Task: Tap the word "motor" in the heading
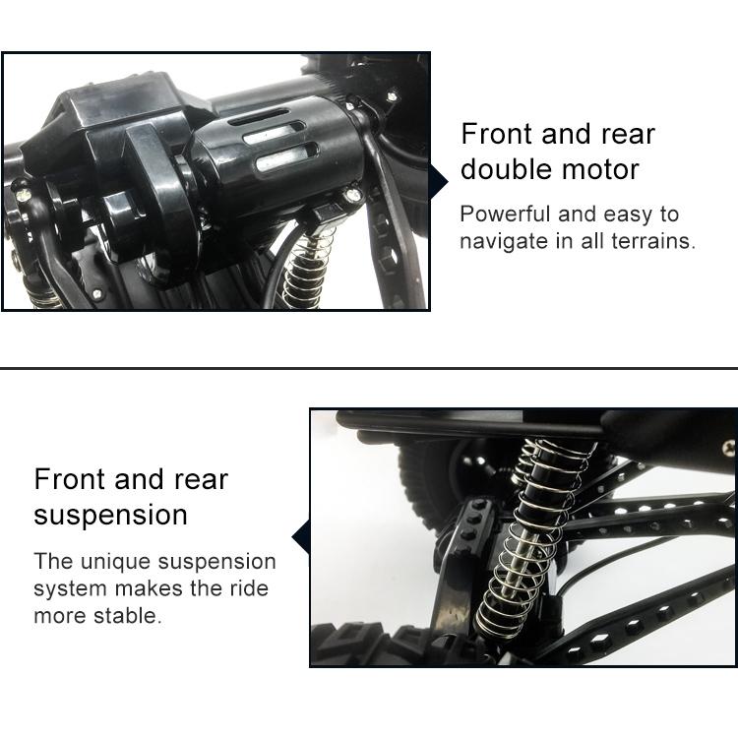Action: [601, 169]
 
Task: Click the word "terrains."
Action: [651, 240]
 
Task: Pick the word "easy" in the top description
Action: [624, 215]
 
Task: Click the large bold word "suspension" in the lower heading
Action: [110, 515]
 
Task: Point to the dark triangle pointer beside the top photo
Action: [438, 180]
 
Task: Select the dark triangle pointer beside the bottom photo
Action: [301, 537]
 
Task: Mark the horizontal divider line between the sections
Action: [369, 369]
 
